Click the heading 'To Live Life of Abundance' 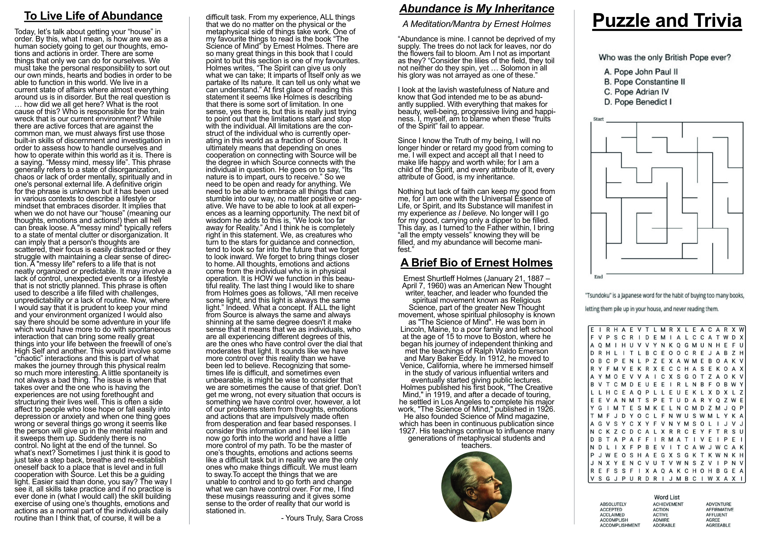(x=93, y=16)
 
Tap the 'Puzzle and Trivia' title (x=667, y=21)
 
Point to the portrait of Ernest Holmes (x=476, y=487)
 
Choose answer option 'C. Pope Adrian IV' (x=636, y=92)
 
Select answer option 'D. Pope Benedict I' (x=638, y=102)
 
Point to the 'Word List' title (x=667, y=497)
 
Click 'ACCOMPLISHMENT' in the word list (x=620, y=525)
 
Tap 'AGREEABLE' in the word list (x=718, y=525)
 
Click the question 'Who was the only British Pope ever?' (x=665, y=58)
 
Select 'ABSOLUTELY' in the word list (x=613, y=504)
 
